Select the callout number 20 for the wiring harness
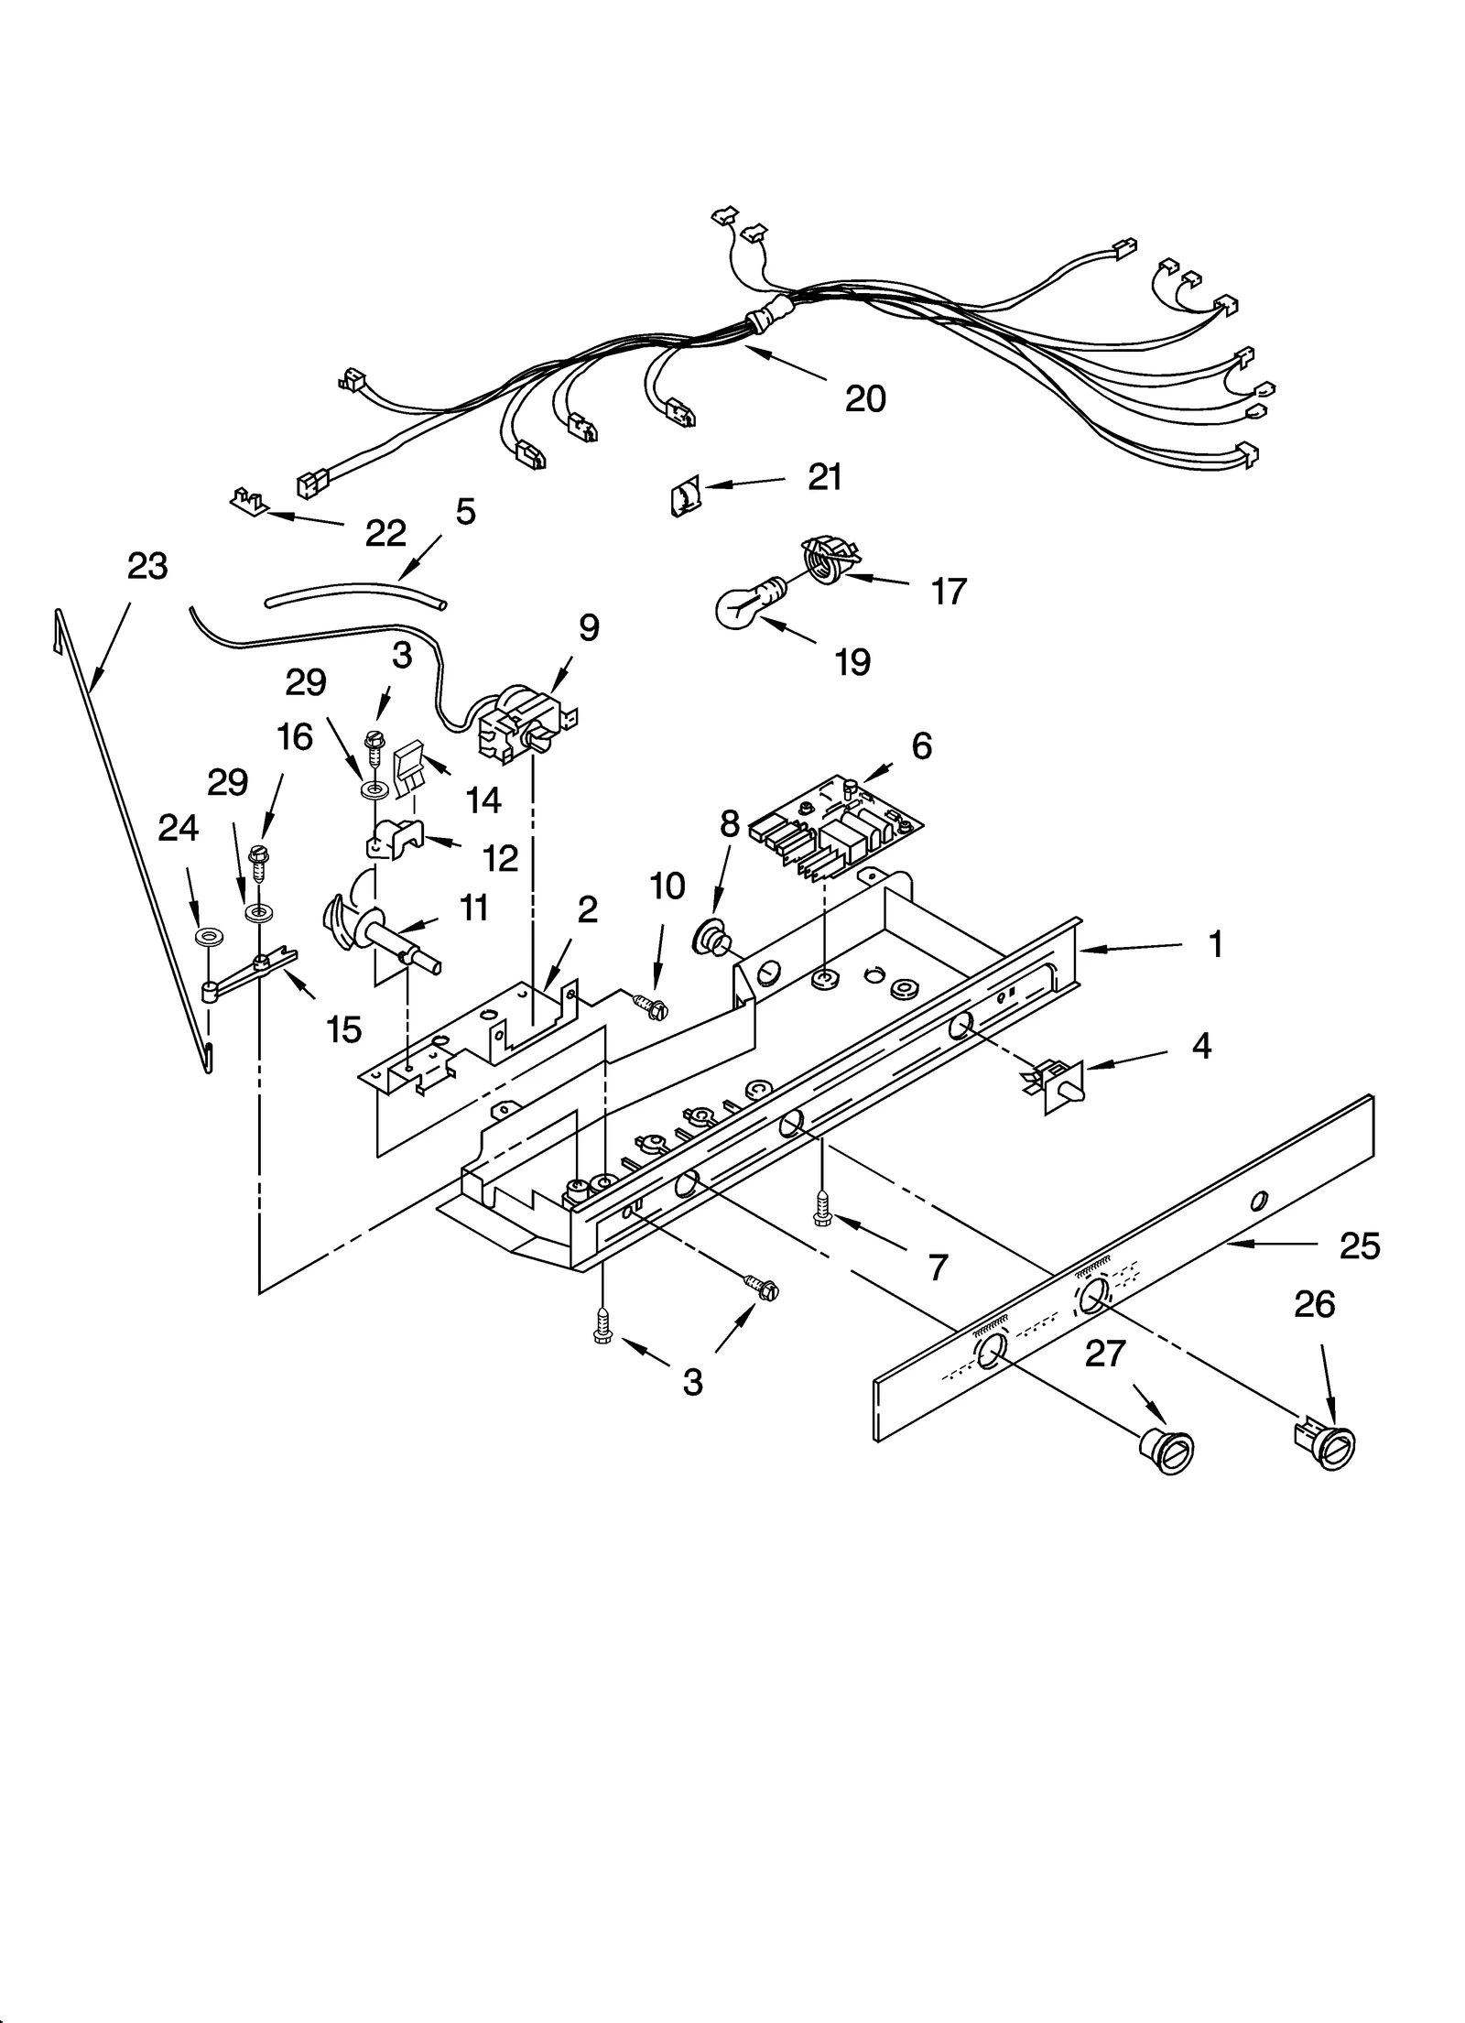tap(864, 398)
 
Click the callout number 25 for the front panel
tap(1358, 1246)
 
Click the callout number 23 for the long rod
tap(147, 567)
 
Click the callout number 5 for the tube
tap(465, 511)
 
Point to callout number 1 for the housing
tap(1215, 945)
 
